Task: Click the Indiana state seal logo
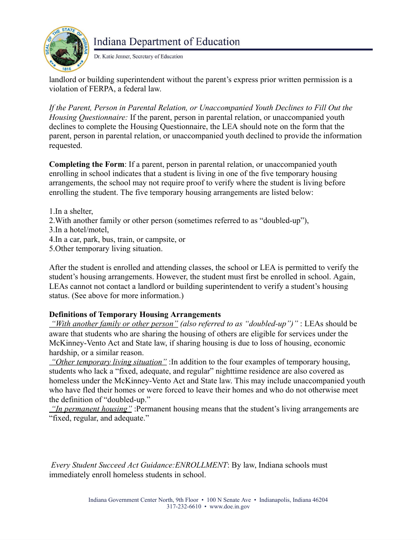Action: pos(66,49)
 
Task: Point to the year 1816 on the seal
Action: pos(66,69)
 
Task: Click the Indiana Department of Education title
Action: pos(167,42)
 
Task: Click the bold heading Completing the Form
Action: pos(86,164)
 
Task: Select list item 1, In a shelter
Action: pos(71,211)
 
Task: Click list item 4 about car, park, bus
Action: pos(117,239)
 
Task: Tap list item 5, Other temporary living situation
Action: pos(106,248)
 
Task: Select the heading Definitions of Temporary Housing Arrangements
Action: pos(135,314)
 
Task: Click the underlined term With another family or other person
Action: pos(114,324)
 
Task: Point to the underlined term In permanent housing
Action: pos(91,409)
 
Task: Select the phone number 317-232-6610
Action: pos(183,506)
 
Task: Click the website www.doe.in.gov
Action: pos(230,506)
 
